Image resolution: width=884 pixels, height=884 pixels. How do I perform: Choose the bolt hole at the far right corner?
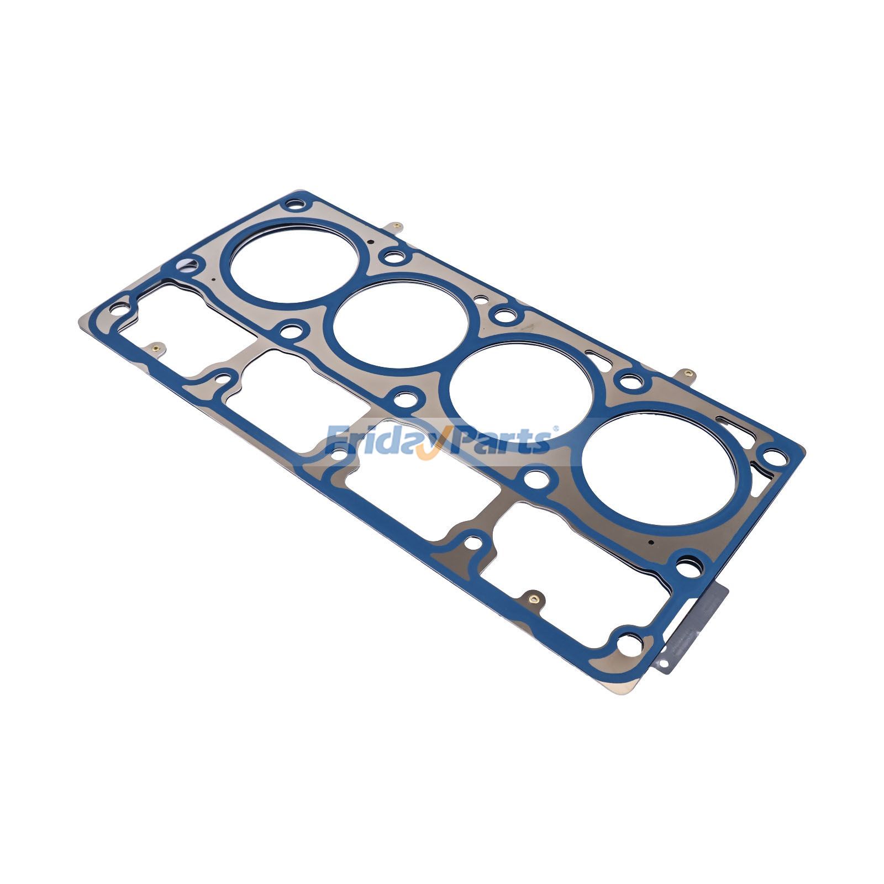tap(775, 458)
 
